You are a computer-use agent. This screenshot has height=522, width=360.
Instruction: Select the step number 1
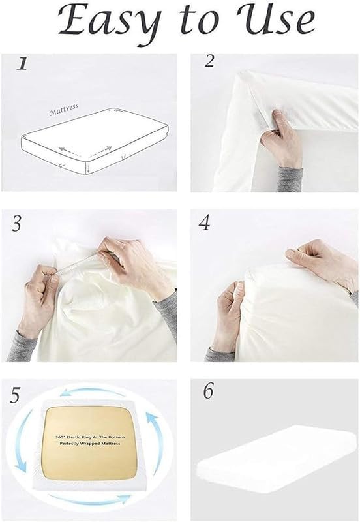pyautogui.click(x=22, y=63)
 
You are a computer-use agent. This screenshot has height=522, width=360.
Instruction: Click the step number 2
pyautogui.click(x=209, y=61)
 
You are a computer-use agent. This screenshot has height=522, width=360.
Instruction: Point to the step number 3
pyautogui.click(x=17, y=223)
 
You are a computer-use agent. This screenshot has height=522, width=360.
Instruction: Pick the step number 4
pyautogui.click(x=204, y=223)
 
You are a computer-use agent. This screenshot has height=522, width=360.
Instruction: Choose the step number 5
pyautogui.click(x=15, y=395)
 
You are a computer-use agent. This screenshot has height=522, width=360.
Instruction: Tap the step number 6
pyautogui.click(x=208, y=391)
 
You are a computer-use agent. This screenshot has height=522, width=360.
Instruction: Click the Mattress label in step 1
pyautogui.click(x=63, y=109)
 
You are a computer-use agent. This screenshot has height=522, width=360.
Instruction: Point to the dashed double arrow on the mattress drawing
pyautogui.click(x=85, y=151)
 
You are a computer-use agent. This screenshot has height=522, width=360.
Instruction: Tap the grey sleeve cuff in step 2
pyautogui.click(x=290, y=178)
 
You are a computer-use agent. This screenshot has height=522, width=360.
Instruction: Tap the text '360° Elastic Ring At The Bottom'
pyautogui.click(x=90, y=437)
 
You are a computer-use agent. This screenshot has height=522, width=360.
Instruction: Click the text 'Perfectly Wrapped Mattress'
pyautogui.click(x=90, y=444)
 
